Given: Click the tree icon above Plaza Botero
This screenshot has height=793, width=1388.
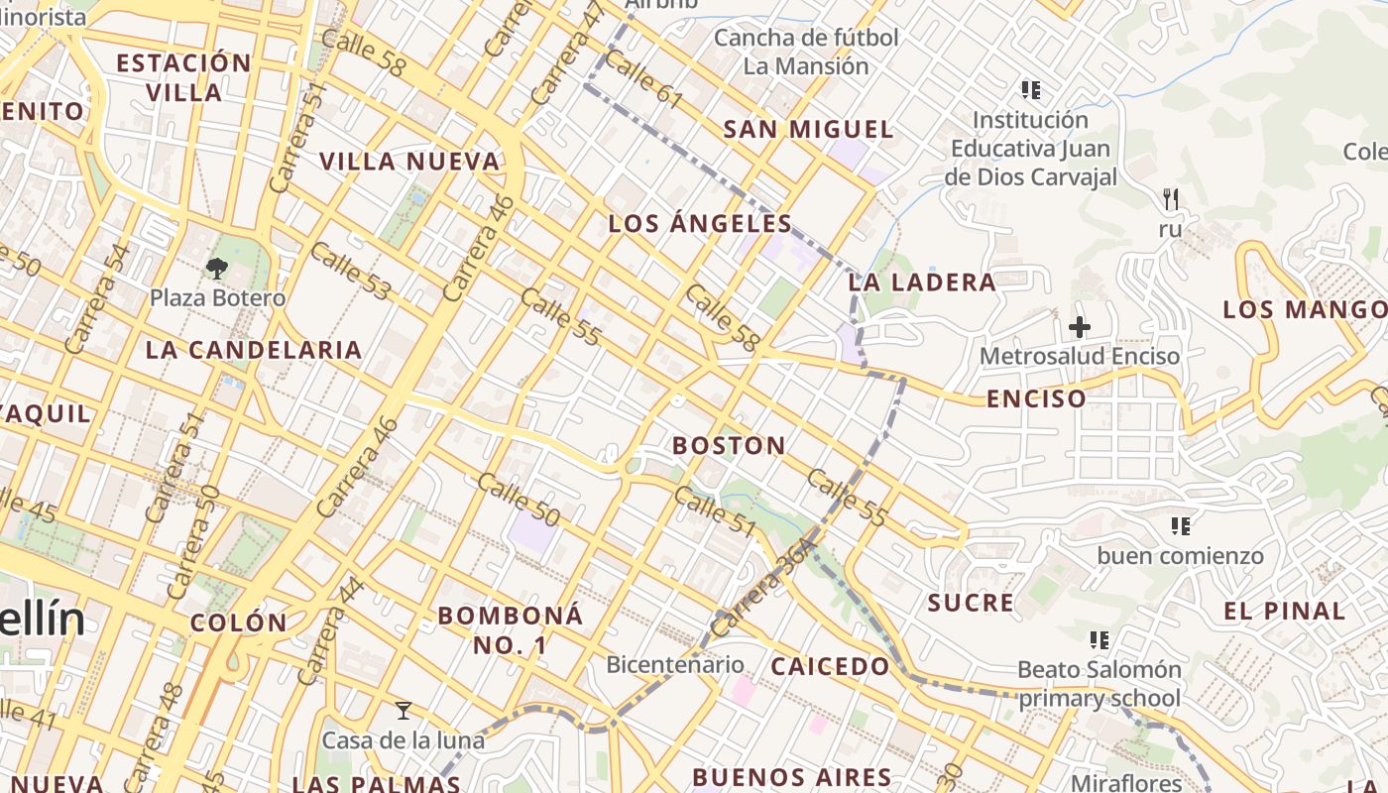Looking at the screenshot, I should (217, 268).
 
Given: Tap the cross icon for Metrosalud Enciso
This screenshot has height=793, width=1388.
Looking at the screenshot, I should (1080, 326).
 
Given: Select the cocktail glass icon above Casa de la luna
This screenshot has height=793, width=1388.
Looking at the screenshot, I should (403, 711).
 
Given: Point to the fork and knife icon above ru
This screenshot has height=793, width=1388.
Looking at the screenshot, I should (1171, 199).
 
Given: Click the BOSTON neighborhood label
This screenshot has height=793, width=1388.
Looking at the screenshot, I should (729, 446).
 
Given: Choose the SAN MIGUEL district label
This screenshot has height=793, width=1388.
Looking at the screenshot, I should (808, 130).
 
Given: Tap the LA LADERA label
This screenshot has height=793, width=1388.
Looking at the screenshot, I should (922, 283).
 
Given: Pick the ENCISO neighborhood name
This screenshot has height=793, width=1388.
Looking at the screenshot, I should (1036, 399).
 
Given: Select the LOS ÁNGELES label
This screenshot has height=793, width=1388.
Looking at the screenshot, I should (700, 224).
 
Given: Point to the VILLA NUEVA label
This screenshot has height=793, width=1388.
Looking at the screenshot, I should (409, 162).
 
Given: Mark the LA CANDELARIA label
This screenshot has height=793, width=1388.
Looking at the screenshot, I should (254, 350).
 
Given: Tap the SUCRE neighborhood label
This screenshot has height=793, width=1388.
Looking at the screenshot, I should (971, 603).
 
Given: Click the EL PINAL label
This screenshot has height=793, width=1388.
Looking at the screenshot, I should (1284, 612).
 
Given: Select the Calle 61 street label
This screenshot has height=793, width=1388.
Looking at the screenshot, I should (643, 78).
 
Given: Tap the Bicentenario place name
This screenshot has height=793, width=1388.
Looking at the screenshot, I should (675, 665).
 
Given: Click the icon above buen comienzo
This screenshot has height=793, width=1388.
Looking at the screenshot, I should (1180, 525).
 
